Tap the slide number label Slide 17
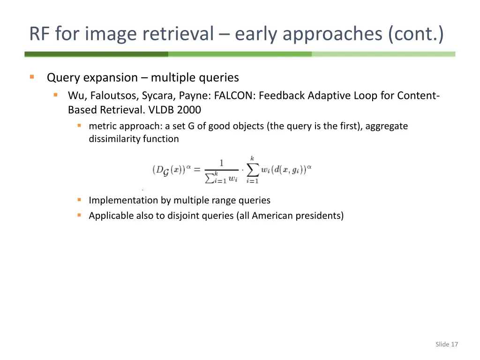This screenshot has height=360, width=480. click(x=446, y=345)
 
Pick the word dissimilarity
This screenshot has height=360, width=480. click(x=111, y=139)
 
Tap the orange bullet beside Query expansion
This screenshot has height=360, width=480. click(x=32, y=77)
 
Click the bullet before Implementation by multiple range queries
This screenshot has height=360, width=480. click(x=79, y=200)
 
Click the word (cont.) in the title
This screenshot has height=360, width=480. click(x=415, y=34)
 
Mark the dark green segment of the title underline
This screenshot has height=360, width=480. click(x=96, y=54)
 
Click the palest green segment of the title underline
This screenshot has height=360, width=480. click(x=383, y=54)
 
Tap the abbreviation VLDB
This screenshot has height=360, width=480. click(x=159, y=110)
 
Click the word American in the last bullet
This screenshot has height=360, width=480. click(x=271, y=216)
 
